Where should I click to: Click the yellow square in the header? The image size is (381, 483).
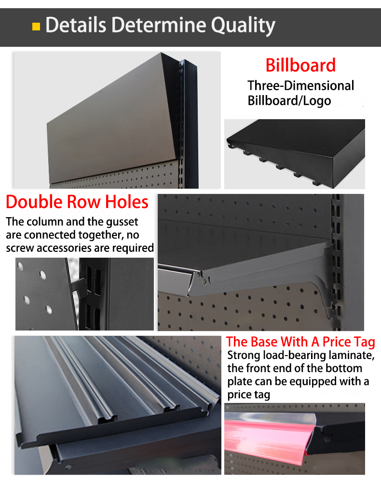[36, 27]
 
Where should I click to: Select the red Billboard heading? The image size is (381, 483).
[300, 65]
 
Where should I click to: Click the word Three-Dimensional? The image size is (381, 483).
[301, 86]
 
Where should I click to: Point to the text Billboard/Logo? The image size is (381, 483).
[289, 101]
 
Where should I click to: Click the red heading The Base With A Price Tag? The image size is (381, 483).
[300, 342]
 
